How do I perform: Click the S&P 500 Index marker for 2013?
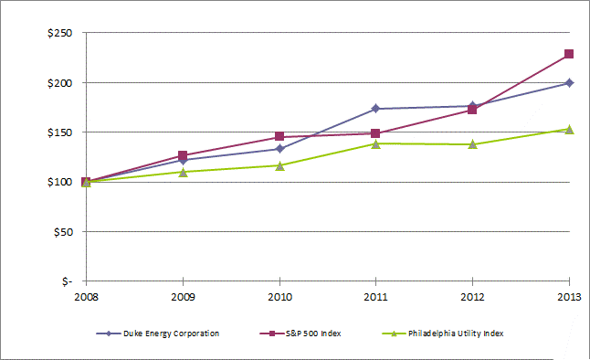(569, 54)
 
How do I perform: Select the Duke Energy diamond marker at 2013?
(569, 83)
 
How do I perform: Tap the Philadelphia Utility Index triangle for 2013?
(569, 130)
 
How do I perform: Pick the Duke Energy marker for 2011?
(375, 109)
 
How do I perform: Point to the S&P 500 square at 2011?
(375, 133)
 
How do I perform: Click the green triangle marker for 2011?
(376, 143)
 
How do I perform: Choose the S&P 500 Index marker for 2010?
(279, 136)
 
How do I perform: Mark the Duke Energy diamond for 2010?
(279, 149)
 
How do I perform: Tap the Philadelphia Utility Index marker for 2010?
(279, 165)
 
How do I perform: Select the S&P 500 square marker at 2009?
(183, 155)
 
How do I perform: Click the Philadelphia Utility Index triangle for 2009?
(183, 172)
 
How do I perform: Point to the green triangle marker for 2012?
(472, 144)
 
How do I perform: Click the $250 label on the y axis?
(60, 33)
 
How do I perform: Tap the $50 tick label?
(63, 232)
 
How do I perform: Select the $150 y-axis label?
(60, 132)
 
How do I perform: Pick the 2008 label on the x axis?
(86, 297)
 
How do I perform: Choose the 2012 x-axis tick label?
(472, 297)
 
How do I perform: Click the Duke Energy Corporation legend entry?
(158, 334)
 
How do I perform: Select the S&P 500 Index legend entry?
(300, 334)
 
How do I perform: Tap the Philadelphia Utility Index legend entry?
(443, 334)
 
